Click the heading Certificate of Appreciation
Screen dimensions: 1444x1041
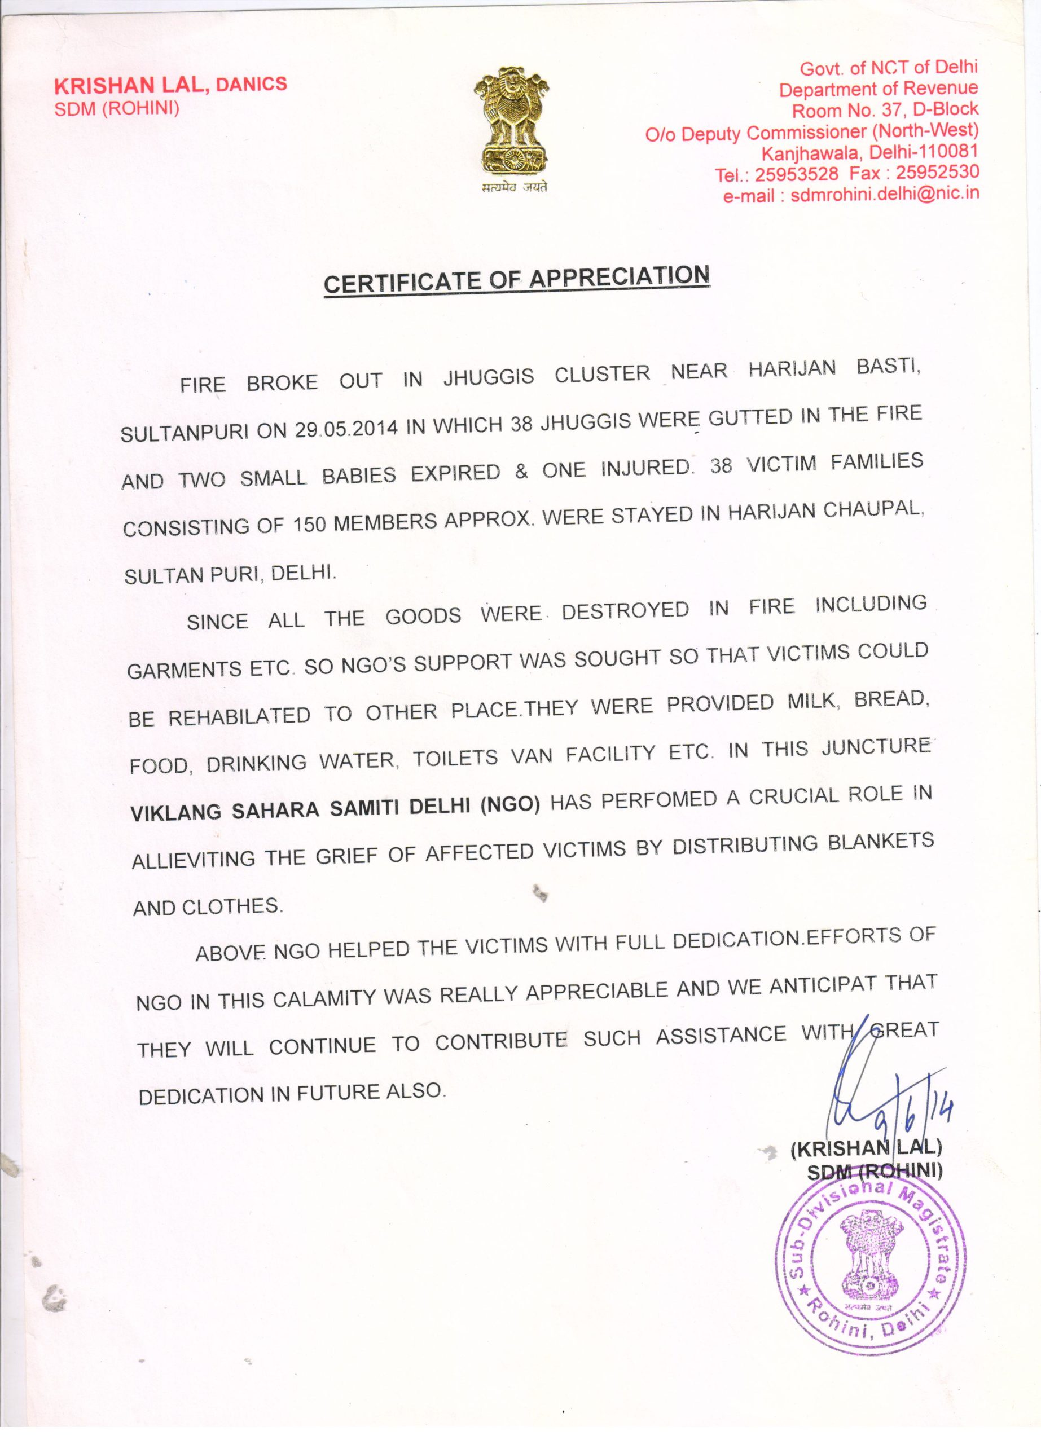[516, 279]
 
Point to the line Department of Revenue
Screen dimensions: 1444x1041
[878, 89]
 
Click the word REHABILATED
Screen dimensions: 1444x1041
[239, 716]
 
